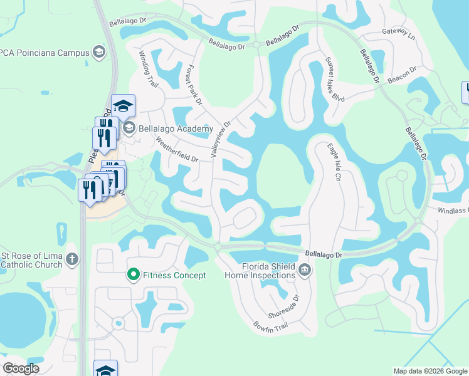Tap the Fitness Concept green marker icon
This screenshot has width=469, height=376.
tap(133, 274)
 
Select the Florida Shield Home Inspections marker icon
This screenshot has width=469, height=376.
tap(305, 271)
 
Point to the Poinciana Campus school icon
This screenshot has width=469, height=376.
tap(98, 52)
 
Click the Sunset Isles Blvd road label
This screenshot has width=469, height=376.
tap(334, 80)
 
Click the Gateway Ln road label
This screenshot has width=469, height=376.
tap(398, 32)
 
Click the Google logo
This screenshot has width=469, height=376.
tap(21, 368)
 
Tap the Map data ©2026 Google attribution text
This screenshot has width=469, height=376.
tap(429, 371)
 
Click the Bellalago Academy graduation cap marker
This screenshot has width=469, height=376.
tap(124, 105)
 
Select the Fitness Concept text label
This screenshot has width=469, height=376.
tap(174, 275)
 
